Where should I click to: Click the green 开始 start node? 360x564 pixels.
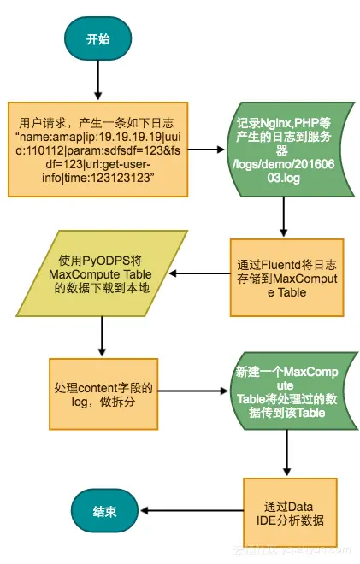97,39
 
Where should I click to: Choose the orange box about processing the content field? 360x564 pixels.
102,394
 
